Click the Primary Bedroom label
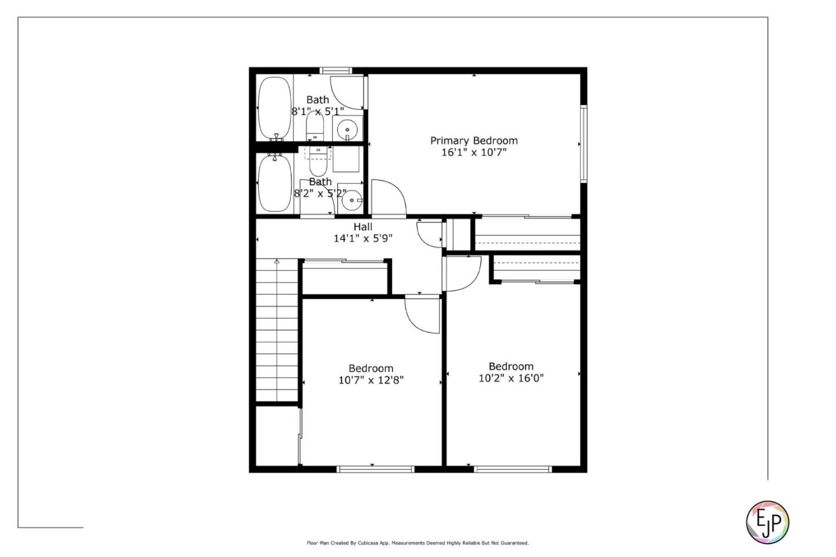474,141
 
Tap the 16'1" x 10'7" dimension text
474,153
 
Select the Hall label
363,227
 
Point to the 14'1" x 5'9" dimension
363,238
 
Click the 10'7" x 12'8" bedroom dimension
371,380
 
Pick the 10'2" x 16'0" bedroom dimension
511,378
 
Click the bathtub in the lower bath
275,183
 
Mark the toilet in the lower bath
317,162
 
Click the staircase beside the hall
277,331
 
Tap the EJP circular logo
767,522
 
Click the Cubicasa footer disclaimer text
417,543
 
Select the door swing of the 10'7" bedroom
423,315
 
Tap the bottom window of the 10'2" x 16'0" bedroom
512,469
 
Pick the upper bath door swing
351,91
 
